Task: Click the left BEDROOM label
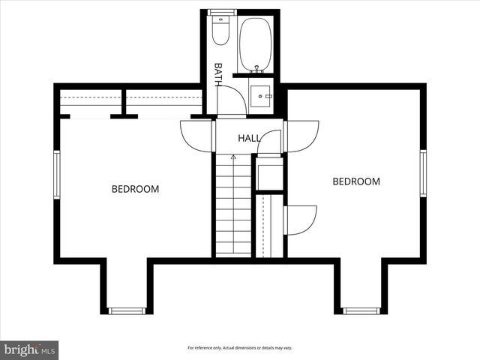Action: pos(135,189)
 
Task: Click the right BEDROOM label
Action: pos(356,181)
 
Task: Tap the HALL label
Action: pos(250,139)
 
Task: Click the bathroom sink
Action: pos(260,97)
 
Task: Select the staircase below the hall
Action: pos(233,206)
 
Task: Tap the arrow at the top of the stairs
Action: pos(233,157)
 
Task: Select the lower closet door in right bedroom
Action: pos(301,220)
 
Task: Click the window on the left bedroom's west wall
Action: pos(56,175)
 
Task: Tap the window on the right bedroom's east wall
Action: pos(423,173)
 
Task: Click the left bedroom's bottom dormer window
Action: pos(125,310)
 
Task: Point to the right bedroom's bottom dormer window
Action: pos(361,310)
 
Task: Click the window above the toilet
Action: pos(221,12)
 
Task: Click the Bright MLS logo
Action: pos(29,349)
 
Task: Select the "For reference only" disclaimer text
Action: pos(239,348)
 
